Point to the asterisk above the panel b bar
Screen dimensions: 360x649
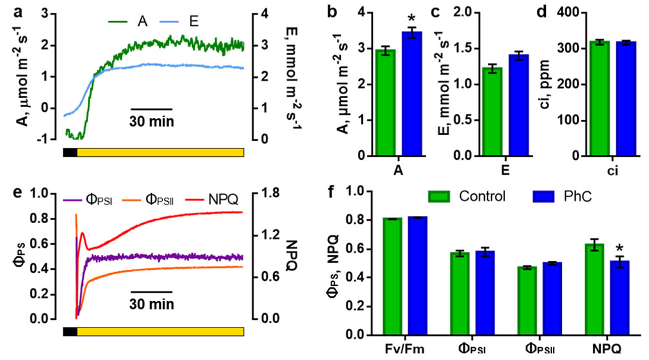pos(411,14)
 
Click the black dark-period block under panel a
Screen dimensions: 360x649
pos(70,152)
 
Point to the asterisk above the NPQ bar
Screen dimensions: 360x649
pos(611,249)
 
